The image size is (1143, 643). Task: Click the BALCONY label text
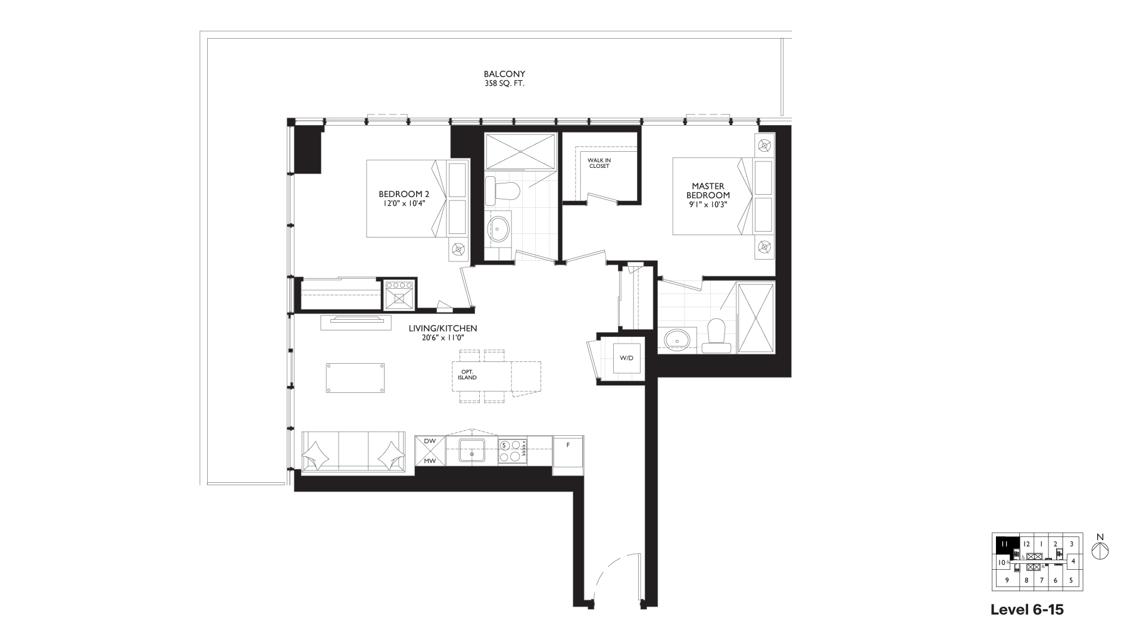(504, 74)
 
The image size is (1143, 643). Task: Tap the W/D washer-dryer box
(627, 358)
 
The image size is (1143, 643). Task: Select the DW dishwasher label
(430, 441)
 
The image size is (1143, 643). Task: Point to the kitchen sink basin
(473, 452)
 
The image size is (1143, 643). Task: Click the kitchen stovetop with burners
(513, 451)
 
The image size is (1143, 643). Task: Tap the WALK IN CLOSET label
(599, 163)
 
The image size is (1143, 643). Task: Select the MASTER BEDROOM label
(708, 191)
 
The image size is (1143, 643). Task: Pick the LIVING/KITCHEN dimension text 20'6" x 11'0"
(443, 338)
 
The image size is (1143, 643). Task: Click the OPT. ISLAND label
(467, 374)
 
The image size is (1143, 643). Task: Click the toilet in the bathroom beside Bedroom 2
(503, 190)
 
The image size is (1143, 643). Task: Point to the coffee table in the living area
(355, 378)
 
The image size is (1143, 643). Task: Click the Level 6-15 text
(1027, 610)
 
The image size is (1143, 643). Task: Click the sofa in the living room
(354, 453)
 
